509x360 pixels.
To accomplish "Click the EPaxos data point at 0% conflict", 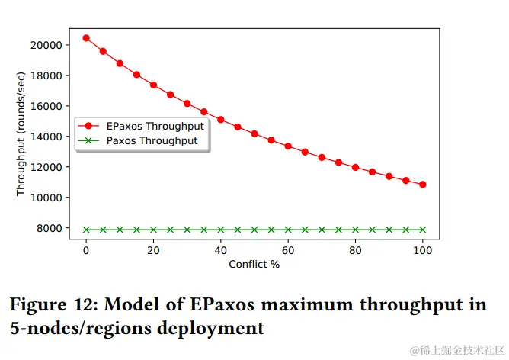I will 86,38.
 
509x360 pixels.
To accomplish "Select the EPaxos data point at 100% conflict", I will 422,185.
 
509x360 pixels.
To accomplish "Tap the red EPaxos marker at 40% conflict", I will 221,120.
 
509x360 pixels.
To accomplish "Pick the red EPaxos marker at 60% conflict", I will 288,146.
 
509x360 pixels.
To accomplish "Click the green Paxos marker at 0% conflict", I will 86,230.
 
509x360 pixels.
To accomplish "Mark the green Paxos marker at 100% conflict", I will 422,230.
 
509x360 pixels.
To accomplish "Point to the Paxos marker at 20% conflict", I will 153,230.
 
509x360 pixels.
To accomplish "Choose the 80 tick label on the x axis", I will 355,250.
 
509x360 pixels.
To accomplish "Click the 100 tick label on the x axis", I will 422,250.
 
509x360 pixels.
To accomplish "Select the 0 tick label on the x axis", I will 86,250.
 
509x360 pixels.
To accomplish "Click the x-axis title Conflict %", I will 254,265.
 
